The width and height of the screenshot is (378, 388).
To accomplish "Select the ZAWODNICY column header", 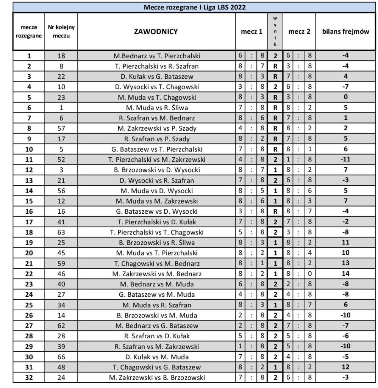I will click(156, 32).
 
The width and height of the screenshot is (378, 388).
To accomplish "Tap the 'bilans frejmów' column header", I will click(345, 32).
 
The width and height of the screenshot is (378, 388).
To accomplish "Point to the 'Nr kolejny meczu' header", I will click(61, 32).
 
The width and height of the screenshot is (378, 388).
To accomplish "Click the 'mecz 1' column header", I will click(251, 32).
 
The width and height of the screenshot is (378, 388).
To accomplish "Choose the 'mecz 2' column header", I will click(299, 32).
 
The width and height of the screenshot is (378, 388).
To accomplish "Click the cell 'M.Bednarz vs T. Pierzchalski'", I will click(157, 56).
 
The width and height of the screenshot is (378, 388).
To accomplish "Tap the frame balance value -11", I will click(345, 159).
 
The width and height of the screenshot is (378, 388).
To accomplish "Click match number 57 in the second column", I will click(61, 128).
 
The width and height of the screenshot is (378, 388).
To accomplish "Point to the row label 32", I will click(29, 377).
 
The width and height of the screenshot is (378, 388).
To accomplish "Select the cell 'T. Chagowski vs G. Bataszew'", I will click(157, 366).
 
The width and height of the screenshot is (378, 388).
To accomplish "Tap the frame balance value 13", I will click(345, 263).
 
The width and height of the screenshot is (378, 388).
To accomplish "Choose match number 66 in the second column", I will click(61, 356).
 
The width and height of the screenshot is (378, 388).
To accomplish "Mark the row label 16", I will click(29, 211).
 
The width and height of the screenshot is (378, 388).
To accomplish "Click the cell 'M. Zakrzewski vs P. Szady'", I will click(157, 128).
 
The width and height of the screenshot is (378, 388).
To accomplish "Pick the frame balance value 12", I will click(345, 366).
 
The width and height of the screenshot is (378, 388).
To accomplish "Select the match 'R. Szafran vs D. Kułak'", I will click(157, 336).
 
